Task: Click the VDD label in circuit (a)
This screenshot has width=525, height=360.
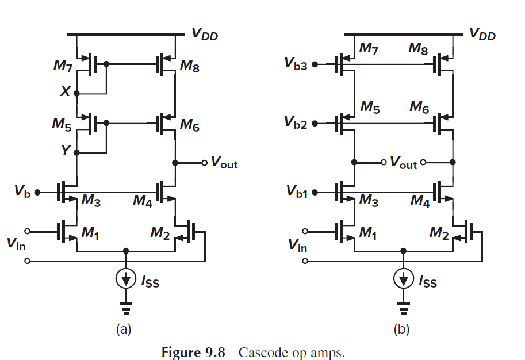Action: pos(205,35)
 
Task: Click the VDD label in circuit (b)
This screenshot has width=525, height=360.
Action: pos(482,35)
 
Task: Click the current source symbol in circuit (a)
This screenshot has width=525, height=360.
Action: pos(126,279)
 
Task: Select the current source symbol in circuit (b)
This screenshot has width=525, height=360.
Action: pos(404,279)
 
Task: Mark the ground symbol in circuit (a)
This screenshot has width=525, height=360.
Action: pos(126,308)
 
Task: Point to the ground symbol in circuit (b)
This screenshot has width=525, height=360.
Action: pos(404,308)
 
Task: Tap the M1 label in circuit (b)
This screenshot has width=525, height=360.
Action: pos(368,233)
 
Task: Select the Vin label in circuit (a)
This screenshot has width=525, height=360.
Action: pos(16,243)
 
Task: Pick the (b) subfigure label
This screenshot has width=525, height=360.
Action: pos(402,330)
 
